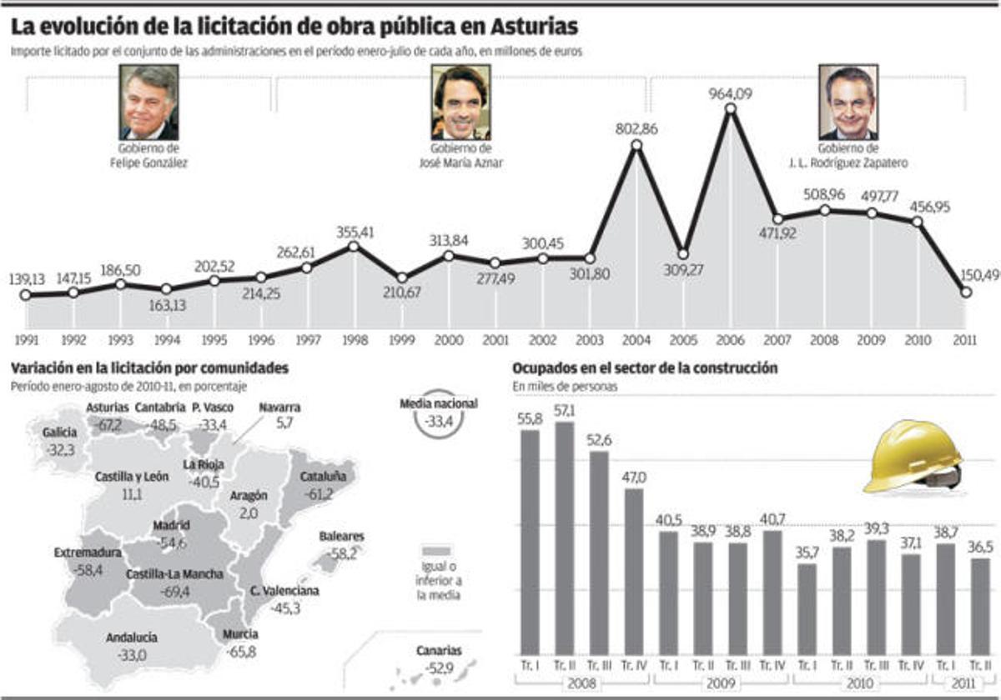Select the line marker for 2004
[636, 145]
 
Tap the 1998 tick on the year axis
[355, 340]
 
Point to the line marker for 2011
[966, 292]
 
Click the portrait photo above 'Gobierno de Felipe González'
[149, 102]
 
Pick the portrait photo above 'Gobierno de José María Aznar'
[460, 102]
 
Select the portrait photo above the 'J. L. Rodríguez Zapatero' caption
[848, 102]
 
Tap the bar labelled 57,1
[565, 537]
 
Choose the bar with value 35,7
[807, 608]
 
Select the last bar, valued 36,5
[981, 606]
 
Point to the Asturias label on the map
[108, 407]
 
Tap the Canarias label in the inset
[439, 652]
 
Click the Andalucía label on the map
[132, 638]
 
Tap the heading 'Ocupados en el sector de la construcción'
[645, 367]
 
